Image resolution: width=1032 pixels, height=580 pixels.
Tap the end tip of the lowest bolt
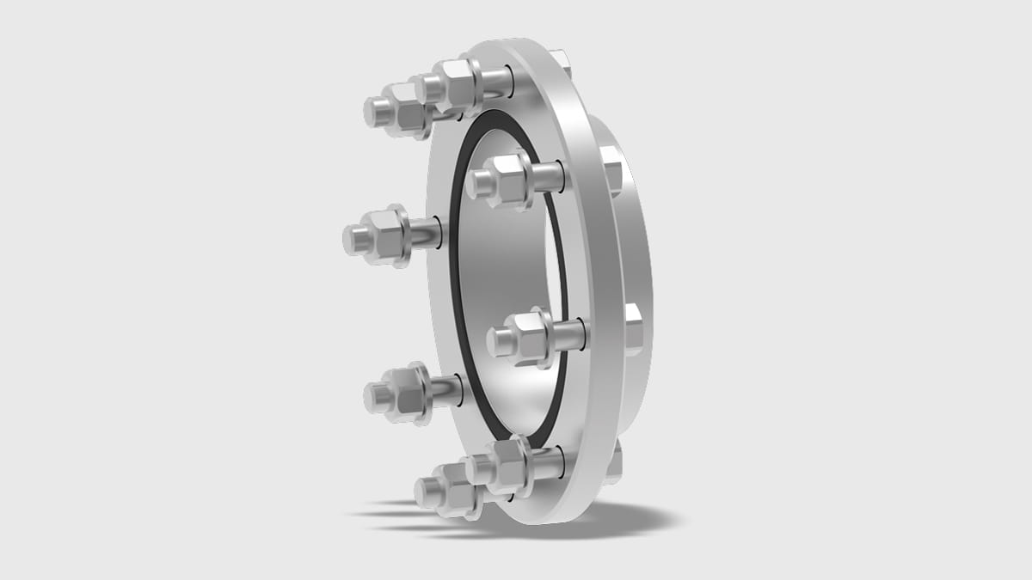tap(425, 492)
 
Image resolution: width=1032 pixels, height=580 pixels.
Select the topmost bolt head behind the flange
tap(559, 60)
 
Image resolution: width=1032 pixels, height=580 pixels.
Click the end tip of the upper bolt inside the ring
tap(477, 183)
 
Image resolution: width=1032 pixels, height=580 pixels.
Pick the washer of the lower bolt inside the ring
tap(546, 336)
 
